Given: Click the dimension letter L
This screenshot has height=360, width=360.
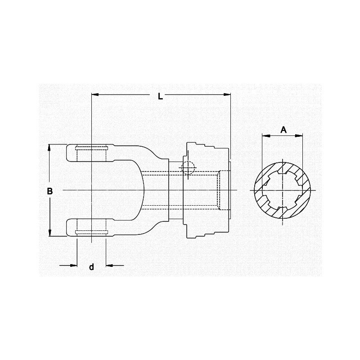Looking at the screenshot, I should (160, 96).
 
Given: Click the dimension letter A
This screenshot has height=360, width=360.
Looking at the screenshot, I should (283, 130).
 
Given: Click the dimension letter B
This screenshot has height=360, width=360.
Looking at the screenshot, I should (50, 191).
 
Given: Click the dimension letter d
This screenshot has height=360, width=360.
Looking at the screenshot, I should (91, 267).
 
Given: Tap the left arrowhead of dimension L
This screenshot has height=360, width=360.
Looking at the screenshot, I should (94, 94).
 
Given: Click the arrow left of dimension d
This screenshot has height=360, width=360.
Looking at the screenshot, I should (74, 265).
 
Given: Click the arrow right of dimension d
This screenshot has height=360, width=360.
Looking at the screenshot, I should (109, 265).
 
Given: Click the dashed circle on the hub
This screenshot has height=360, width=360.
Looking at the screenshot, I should (187, 168).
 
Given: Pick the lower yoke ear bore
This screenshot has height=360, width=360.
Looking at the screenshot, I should (91, 227).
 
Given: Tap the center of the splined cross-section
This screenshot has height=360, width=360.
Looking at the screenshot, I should (283, 190).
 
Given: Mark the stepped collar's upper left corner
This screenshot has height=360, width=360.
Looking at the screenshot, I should (185, 144).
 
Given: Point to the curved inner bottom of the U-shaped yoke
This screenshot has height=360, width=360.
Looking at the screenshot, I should (143, 190).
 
